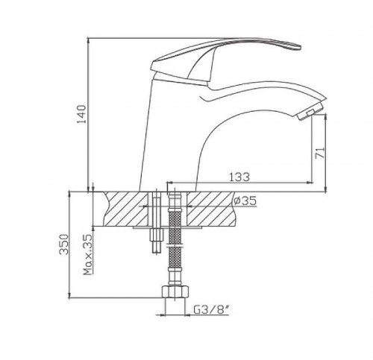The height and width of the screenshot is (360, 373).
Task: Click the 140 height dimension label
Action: pyautogui.click(x=81, y=114)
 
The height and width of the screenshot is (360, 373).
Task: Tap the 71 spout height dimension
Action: pyautogui.click(x=320, y=153)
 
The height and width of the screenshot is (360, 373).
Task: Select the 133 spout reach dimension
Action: pyautogui.click(x=239, y=177)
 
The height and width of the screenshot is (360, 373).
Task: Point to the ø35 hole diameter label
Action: pyautogui.click(x=245, y=200)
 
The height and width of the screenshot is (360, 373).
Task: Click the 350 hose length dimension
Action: pyautogui.click(x=64, y=244)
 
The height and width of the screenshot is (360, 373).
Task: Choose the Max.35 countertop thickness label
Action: pyautogui.click(x=88, y=255)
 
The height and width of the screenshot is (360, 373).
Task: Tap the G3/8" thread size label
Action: pyautogui.click(x=211, y=309)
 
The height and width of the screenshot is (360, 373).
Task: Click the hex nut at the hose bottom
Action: pyautogui.click(x=175, y=291)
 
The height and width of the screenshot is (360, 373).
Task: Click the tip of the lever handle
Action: pyautogui.click(x=300, y=46)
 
